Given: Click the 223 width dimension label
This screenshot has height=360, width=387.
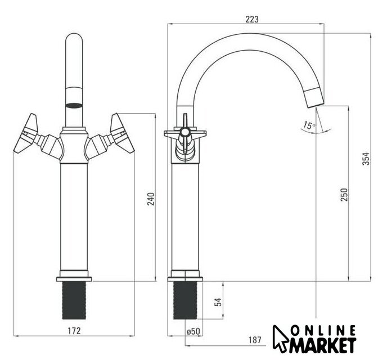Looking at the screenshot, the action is point(252,19).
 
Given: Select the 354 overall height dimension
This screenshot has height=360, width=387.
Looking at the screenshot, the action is point(366,159).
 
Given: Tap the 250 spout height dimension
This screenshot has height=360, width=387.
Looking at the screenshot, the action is point(344,195).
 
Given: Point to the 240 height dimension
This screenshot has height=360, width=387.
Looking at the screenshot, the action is point(151,199).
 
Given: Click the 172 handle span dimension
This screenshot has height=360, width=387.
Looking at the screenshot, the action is point(74,331).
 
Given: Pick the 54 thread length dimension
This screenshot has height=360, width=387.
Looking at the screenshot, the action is point(218,302).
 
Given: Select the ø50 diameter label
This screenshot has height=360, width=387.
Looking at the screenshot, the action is point(193,331).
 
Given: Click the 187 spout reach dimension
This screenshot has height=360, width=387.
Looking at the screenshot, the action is point(255,340).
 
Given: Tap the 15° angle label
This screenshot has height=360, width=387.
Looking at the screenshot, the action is point(309,125).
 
